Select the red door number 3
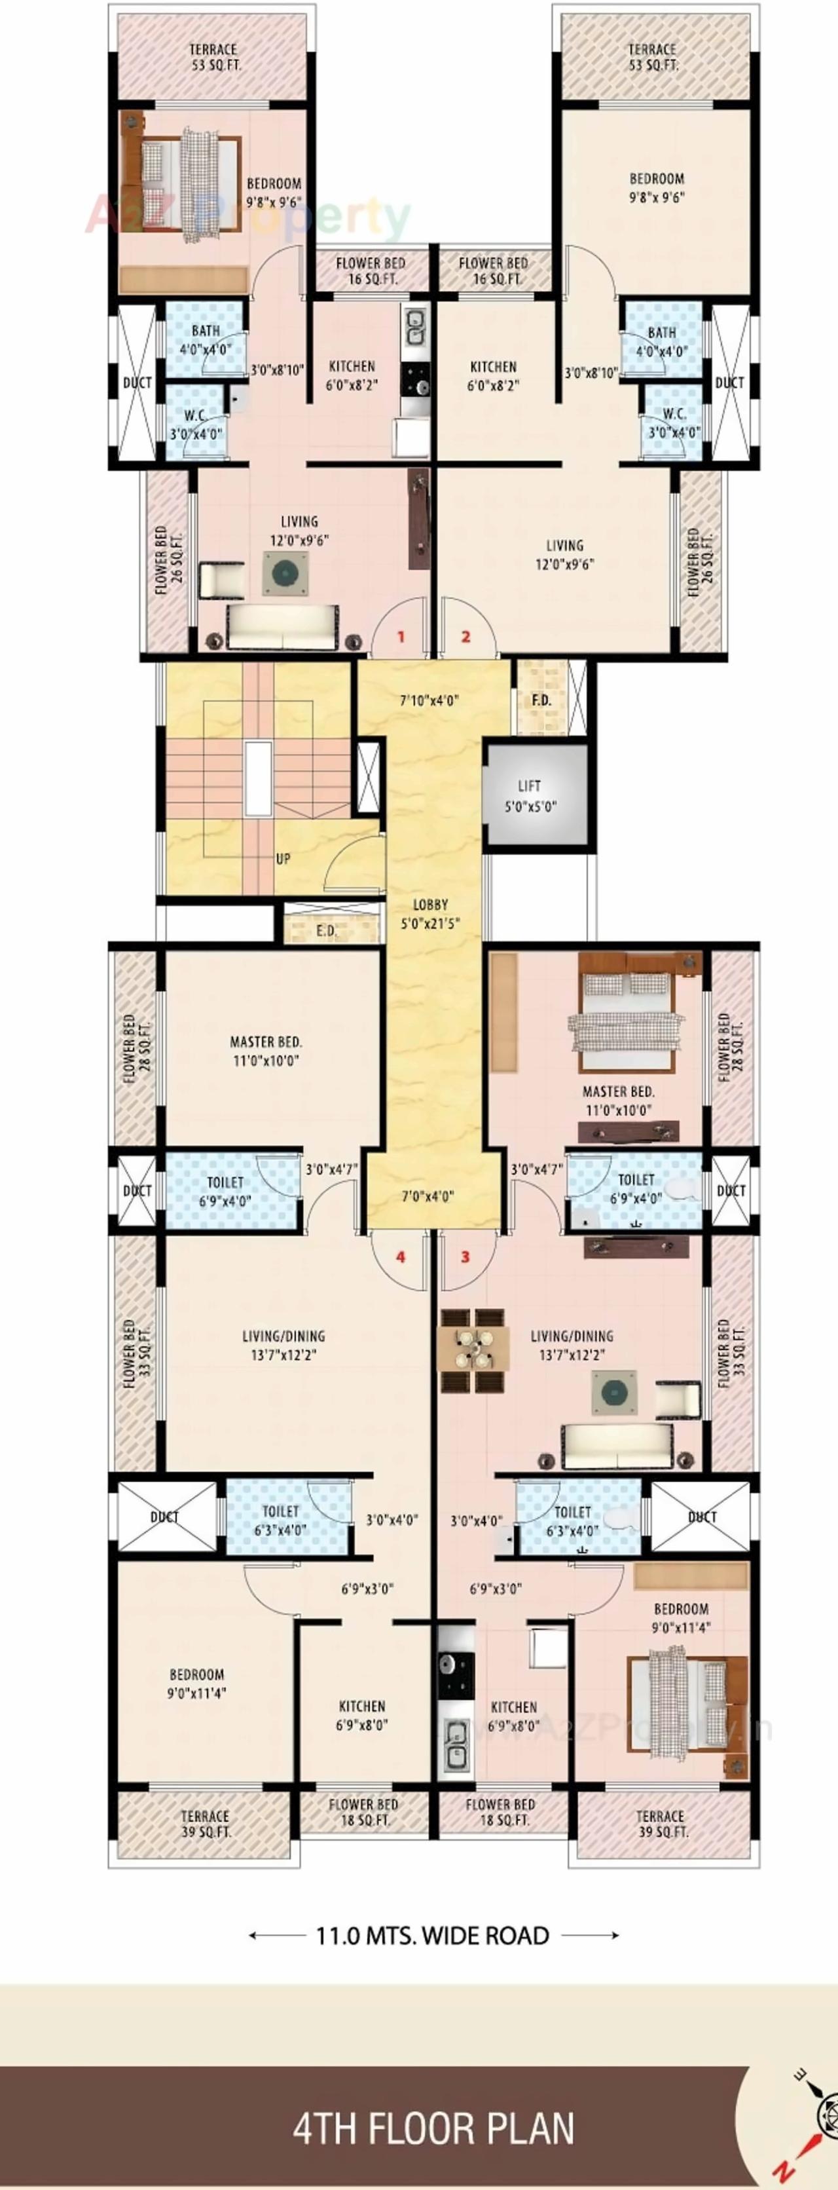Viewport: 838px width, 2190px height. tap(465, 1257)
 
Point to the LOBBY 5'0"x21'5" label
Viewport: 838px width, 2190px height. tap(431, 914)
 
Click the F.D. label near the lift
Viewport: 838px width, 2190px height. tap(541, 700)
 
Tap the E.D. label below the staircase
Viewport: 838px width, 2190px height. tap(326, 930)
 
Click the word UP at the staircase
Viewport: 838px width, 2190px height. tap(283, 859)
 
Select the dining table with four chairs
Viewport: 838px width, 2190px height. tap(473, 1350)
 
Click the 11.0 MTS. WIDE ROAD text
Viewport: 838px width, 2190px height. tap(433, 1936)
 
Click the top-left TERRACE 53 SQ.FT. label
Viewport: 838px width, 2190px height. tap(213, 57)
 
